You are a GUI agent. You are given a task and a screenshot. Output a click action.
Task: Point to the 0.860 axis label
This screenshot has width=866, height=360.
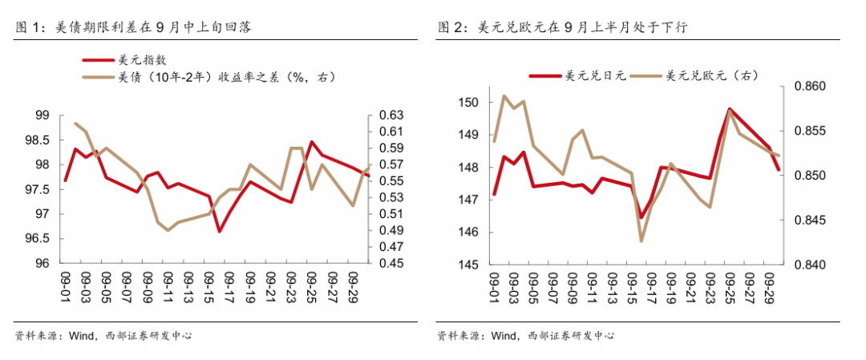click(x=807, y=86)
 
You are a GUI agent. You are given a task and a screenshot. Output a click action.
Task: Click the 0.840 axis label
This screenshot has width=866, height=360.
click(x=807, y=265)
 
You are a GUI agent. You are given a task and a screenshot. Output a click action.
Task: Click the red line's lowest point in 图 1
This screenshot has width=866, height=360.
click(x=219, y=232)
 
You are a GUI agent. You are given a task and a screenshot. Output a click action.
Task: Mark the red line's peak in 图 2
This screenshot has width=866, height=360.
click(x=730, y=109)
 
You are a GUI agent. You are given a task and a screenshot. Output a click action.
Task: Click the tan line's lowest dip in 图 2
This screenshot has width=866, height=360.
click(x=641, y=241)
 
